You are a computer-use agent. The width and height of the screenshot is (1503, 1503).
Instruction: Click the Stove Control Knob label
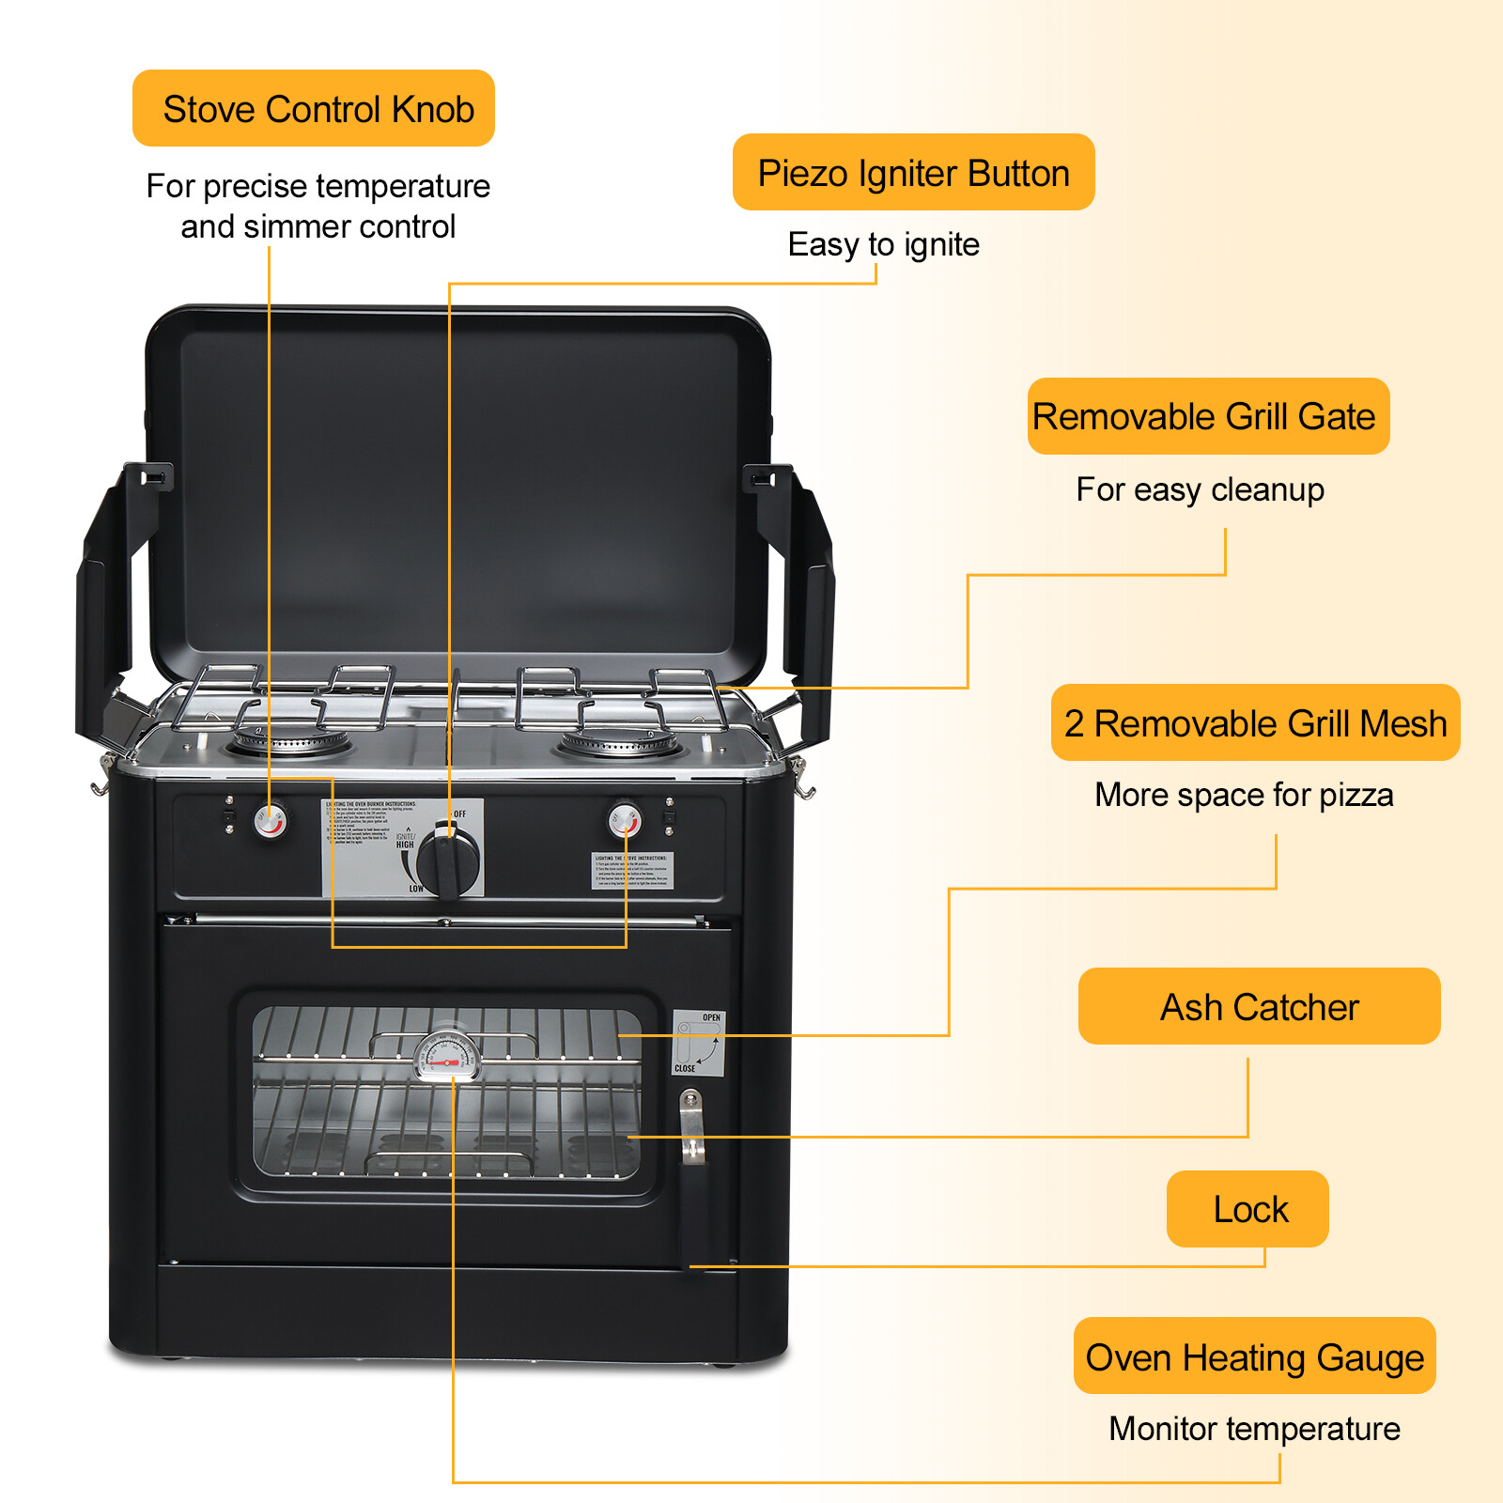(x=314, y=109)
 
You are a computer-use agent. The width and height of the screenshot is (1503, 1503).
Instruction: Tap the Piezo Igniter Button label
(x=913, y=173)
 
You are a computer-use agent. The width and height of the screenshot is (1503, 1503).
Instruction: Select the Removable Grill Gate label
(x=1207, y=416)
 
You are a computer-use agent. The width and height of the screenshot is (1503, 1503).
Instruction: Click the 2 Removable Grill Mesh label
(x=1255, y=723)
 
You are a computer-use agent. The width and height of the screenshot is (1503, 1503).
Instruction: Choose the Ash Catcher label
(x=1259, y=1007)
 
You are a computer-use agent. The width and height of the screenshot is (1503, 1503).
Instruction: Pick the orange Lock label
(x=1247, y=1209)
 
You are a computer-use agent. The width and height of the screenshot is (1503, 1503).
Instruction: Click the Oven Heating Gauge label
(x=1254, y=1357)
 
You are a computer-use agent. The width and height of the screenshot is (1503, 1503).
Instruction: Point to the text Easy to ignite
(x=883, y=244)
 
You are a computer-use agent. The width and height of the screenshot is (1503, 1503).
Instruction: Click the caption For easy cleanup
(x=1200, y=489)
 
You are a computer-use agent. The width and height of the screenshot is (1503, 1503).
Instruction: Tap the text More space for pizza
(x=1243, y=795)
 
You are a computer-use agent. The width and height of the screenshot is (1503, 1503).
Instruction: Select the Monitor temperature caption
(x=1254, y=1429)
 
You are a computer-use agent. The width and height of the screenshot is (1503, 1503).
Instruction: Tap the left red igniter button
(x=271, y=821)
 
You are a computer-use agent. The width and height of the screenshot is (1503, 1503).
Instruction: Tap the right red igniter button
(x=625, y=819)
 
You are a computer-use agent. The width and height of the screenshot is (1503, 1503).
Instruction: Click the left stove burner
(x=290, y=741)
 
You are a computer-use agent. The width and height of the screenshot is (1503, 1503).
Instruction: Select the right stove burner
(x=618, y=741)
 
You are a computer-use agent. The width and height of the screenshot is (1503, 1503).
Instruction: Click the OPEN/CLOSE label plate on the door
(x=698, y=1043)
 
